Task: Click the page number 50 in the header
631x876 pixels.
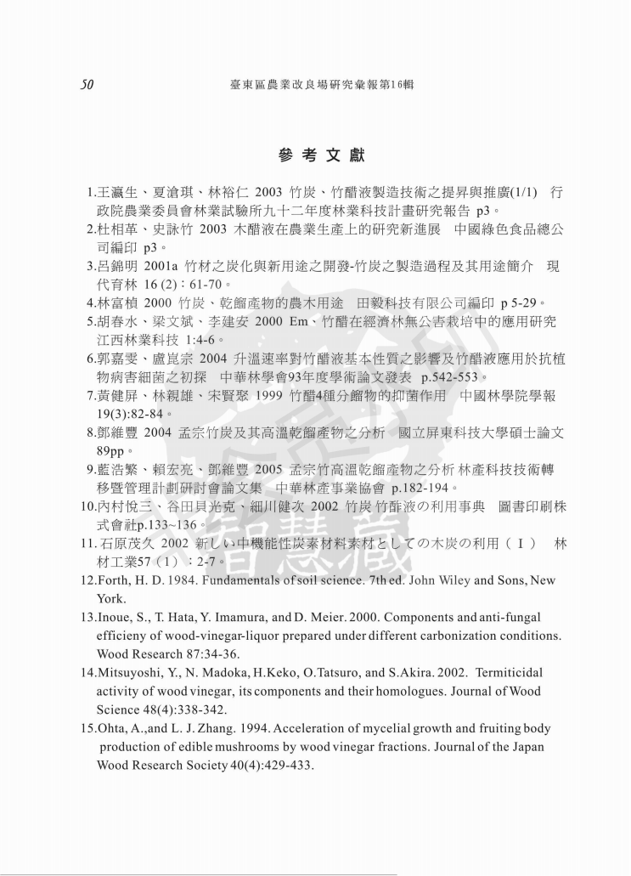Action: (87, 85)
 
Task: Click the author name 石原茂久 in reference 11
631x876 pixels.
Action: (132, 544)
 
